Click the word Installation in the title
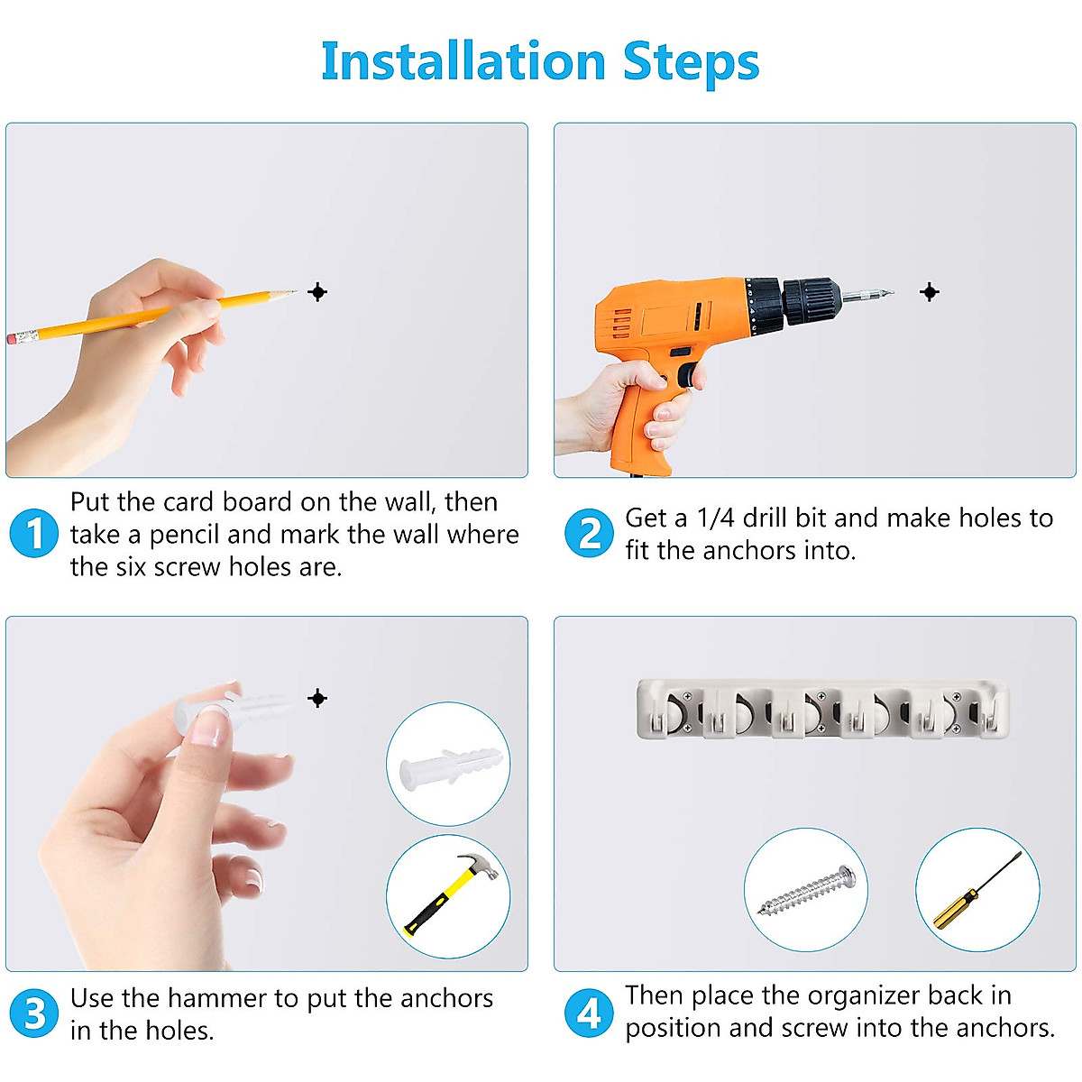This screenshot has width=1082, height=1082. coord(463,61)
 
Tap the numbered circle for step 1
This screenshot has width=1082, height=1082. coord(33,533)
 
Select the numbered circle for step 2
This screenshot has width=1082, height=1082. coord(589,533)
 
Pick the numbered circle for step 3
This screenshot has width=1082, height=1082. coord(33,1013)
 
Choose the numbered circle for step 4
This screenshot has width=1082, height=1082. coord(589,1013)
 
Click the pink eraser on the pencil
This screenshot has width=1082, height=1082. coord(11,339)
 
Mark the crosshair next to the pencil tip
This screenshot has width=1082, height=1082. coord(317,292)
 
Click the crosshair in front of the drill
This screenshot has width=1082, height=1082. coord(930,292)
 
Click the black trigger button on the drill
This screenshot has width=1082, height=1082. coord(686,375)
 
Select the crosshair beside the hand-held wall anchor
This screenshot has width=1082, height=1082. coord(317,699)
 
